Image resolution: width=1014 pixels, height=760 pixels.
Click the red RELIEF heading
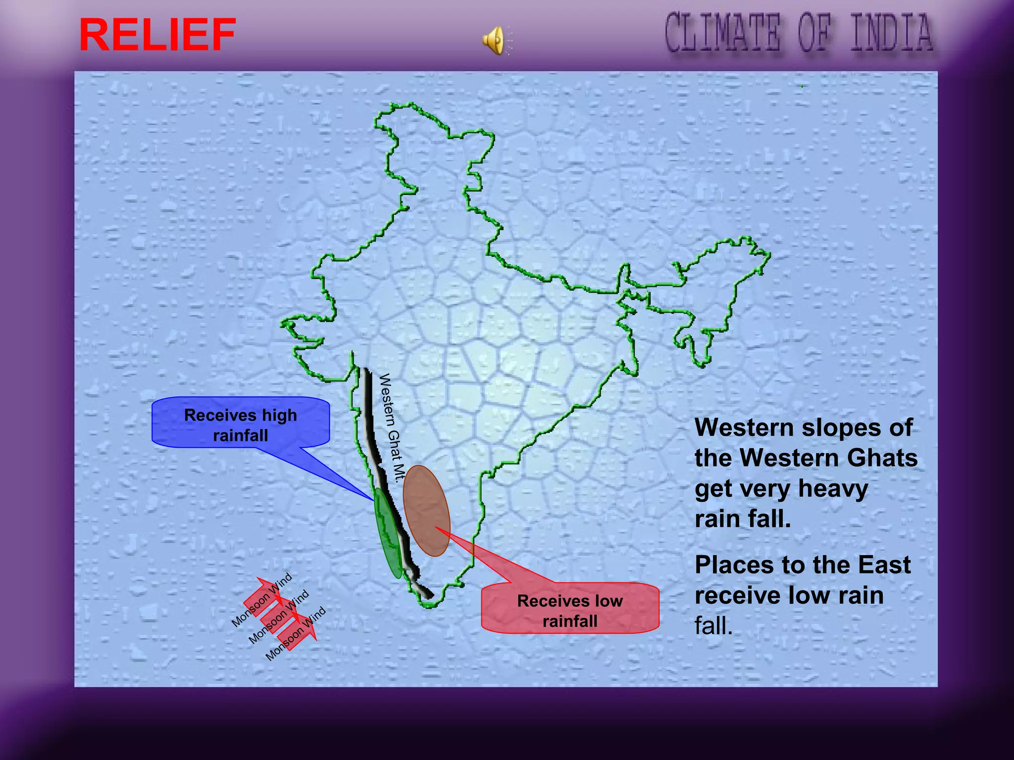click(157, 35)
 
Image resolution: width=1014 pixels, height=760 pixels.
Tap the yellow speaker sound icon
click(494, 40)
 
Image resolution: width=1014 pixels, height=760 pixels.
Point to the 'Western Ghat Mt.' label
click(392, 428)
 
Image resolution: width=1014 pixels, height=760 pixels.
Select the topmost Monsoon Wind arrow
click(263, 598)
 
